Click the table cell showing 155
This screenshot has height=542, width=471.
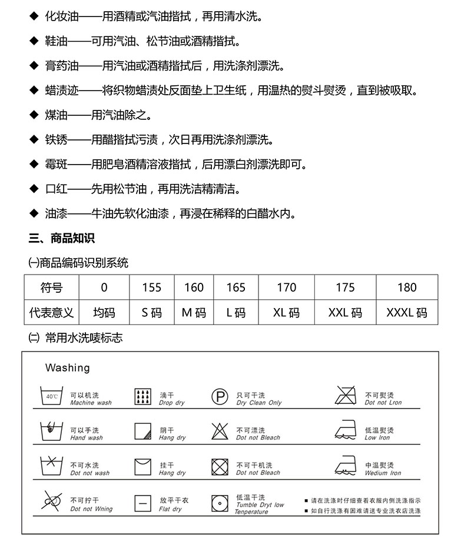coord(151,287)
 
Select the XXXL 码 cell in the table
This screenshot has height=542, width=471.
coord(406,312)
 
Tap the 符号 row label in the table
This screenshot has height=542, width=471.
coord(51,287)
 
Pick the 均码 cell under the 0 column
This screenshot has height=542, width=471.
coord(104,312)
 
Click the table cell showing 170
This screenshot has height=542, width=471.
coord(286,287)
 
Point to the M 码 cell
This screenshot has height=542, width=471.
coord(194,312)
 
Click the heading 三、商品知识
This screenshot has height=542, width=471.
coord(62,238)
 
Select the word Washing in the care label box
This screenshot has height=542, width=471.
coord(68,368)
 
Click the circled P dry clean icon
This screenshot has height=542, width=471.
coord(220,397)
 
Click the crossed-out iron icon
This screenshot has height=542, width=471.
coord(346,395)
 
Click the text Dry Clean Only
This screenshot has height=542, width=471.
coord(259,403)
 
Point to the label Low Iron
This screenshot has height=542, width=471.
coord(377,438)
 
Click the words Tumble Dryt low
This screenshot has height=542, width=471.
coord(260,505)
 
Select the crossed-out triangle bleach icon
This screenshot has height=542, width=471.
coord(220,431)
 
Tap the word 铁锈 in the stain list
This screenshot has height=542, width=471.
coord(57,140)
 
